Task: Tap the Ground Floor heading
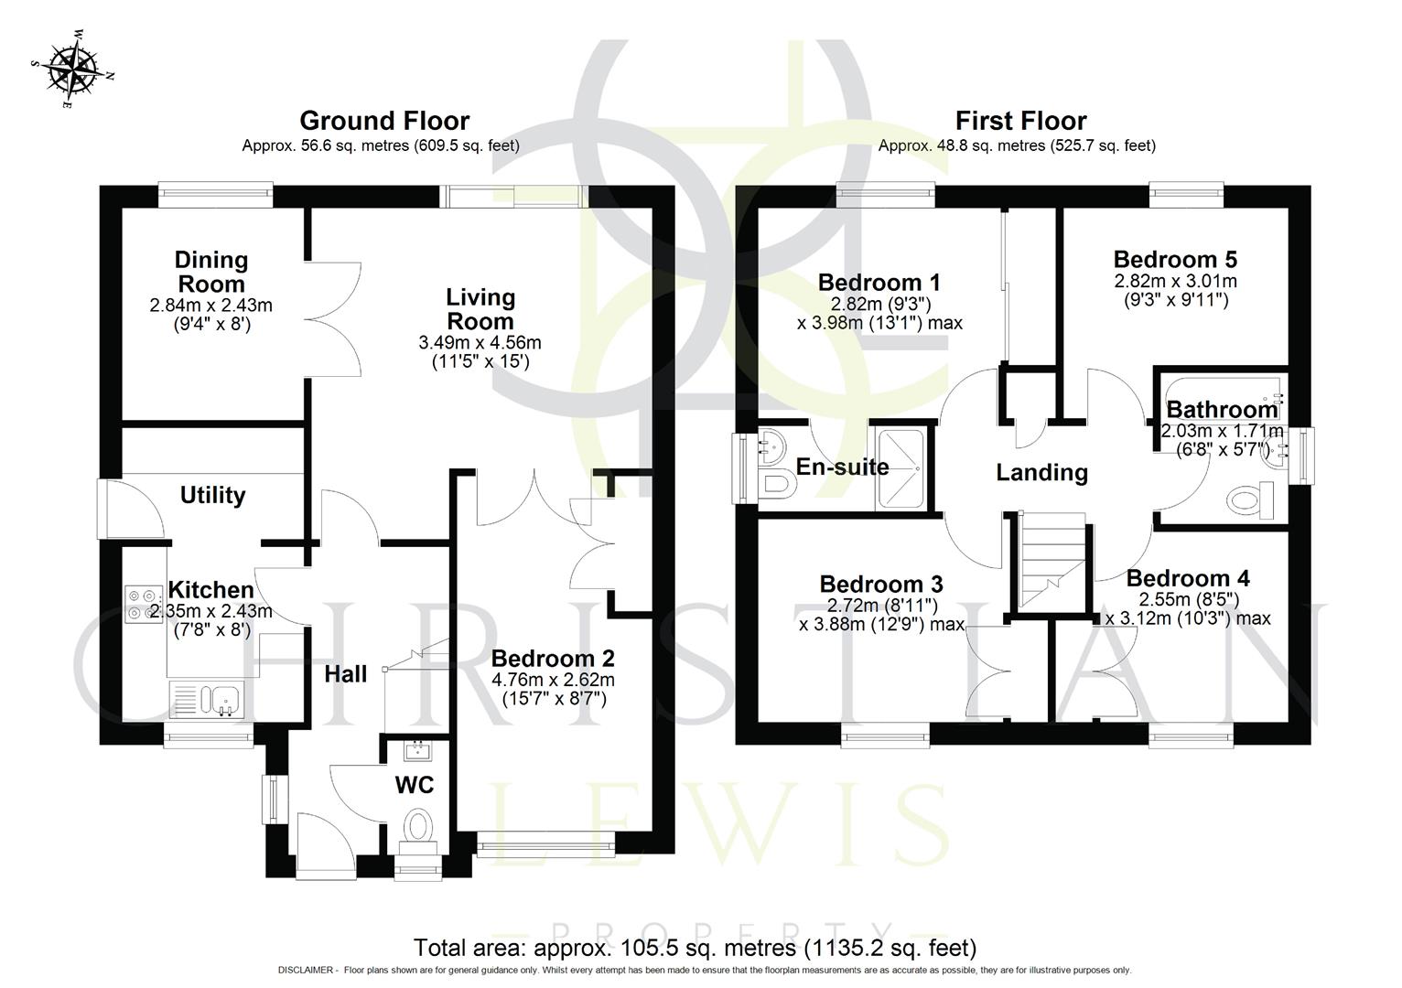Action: point(384,121)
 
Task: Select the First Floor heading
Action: point(1020,121)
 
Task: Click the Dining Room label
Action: point(211,272)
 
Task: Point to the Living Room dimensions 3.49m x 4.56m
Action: point(480,343)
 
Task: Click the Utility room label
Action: point(212,495)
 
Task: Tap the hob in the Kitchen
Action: point(145,602)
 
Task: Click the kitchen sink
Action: point(207,700)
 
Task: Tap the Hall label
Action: point(346,674)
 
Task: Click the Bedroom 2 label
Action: point(553,659)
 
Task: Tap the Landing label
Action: point(1041,472)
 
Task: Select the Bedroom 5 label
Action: point(1175,259)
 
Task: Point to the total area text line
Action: point(696,948)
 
